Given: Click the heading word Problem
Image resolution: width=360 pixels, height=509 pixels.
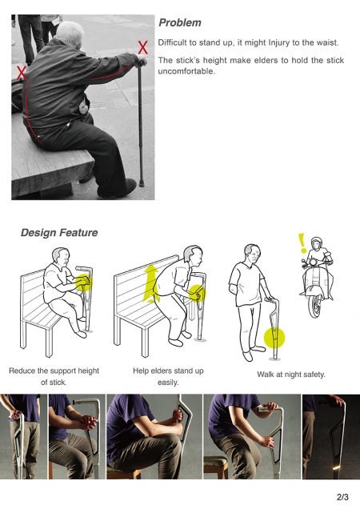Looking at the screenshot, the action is coord(180,23).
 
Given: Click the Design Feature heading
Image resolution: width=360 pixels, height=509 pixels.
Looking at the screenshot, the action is coord(59,233).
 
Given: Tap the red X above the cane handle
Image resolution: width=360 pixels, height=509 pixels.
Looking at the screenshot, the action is coord(143,47).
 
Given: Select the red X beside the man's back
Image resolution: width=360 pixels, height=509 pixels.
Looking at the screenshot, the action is coord(21,72).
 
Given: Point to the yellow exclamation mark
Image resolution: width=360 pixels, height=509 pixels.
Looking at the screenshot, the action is coord(302,243).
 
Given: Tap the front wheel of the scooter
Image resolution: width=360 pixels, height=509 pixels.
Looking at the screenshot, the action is coord(315,306).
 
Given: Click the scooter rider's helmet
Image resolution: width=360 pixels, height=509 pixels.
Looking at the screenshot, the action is coord(317,242).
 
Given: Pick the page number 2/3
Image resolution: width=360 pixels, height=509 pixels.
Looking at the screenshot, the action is coord(342,497).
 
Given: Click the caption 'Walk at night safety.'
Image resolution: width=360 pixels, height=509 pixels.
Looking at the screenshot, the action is coord(291,375).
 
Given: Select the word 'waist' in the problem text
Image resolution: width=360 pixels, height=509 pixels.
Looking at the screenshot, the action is coord(326,42).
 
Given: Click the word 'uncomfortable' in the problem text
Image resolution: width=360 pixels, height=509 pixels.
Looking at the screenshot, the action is coord(186,71).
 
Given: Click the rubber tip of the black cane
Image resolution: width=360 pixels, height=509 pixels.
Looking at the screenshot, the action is coord(142,182).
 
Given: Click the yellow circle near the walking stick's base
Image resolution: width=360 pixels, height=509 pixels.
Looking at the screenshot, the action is coord(274,338).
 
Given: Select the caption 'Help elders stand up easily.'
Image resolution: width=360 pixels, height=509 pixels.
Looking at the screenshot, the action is coord(168,377).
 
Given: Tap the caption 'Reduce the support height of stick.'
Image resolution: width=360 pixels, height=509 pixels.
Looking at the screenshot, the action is coord(54,377).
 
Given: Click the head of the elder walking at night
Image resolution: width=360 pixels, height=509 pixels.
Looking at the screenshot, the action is coord(253,254).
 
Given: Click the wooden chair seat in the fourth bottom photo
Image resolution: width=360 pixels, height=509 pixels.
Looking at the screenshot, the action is coord(217,460).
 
